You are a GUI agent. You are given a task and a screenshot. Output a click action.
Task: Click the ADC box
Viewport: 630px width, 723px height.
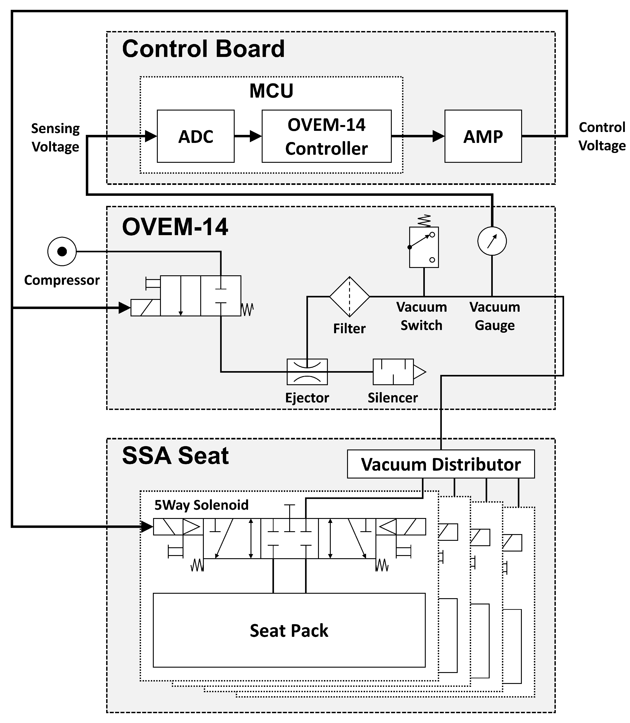click(x=196, y=136)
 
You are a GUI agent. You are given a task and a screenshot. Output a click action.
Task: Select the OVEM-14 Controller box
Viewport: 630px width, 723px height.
click(x=326, y=136)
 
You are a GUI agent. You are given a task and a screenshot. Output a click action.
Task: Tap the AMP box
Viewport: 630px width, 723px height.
click(x=483, y=136)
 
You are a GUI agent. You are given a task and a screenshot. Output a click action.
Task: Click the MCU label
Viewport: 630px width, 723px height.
click(x=271, y=91)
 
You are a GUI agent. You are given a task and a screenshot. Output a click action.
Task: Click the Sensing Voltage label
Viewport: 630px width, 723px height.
click(x=56, y=137)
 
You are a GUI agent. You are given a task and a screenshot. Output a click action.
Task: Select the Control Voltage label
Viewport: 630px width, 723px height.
click(x=602, y=136)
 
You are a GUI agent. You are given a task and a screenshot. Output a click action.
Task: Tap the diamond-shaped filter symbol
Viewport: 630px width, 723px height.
click(x=350, y=297)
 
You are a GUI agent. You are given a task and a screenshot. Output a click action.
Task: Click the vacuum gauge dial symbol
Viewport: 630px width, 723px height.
click(x=492, y=241)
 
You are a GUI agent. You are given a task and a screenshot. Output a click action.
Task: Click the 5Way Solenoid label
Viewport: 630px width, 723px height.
click(x=201, y=505)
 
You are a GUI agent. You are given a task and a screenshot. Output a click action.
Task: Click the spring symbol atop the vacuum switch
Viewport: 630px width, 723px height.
click(x=424, y=221)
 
